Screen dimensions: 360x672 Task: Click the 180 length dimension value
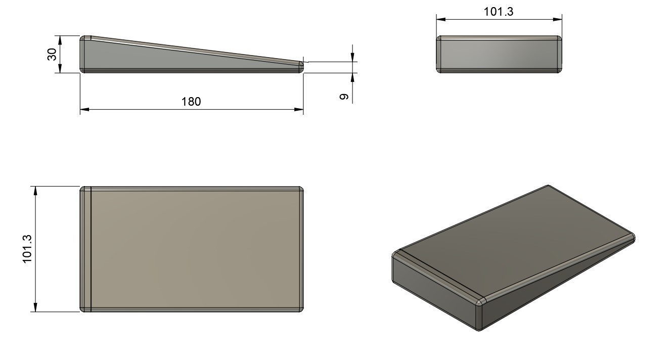pos(191,102)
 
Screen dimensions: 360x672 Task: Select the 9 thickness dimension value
pos(343,97)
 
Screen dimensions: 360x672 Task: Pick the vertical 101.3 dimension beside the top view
pos(27,248)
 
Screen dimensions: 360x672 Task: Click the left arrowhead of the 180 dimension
pos(84,109)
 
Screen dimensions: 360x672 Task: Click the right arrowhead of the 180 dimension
pos(299,109)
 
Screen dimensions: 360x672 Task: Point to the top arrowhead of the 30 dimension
pos(60,39)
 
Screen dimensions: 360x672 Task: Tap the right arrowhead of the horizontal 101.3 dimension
pos(558,20)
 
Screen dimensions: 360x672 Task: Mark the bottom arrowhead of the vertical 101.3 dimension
pos(35,308)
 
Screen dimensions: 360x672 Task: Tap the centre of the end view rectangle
pos(499,55)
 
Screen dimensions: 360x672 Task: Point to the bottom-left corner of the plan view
pos(83,309)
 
